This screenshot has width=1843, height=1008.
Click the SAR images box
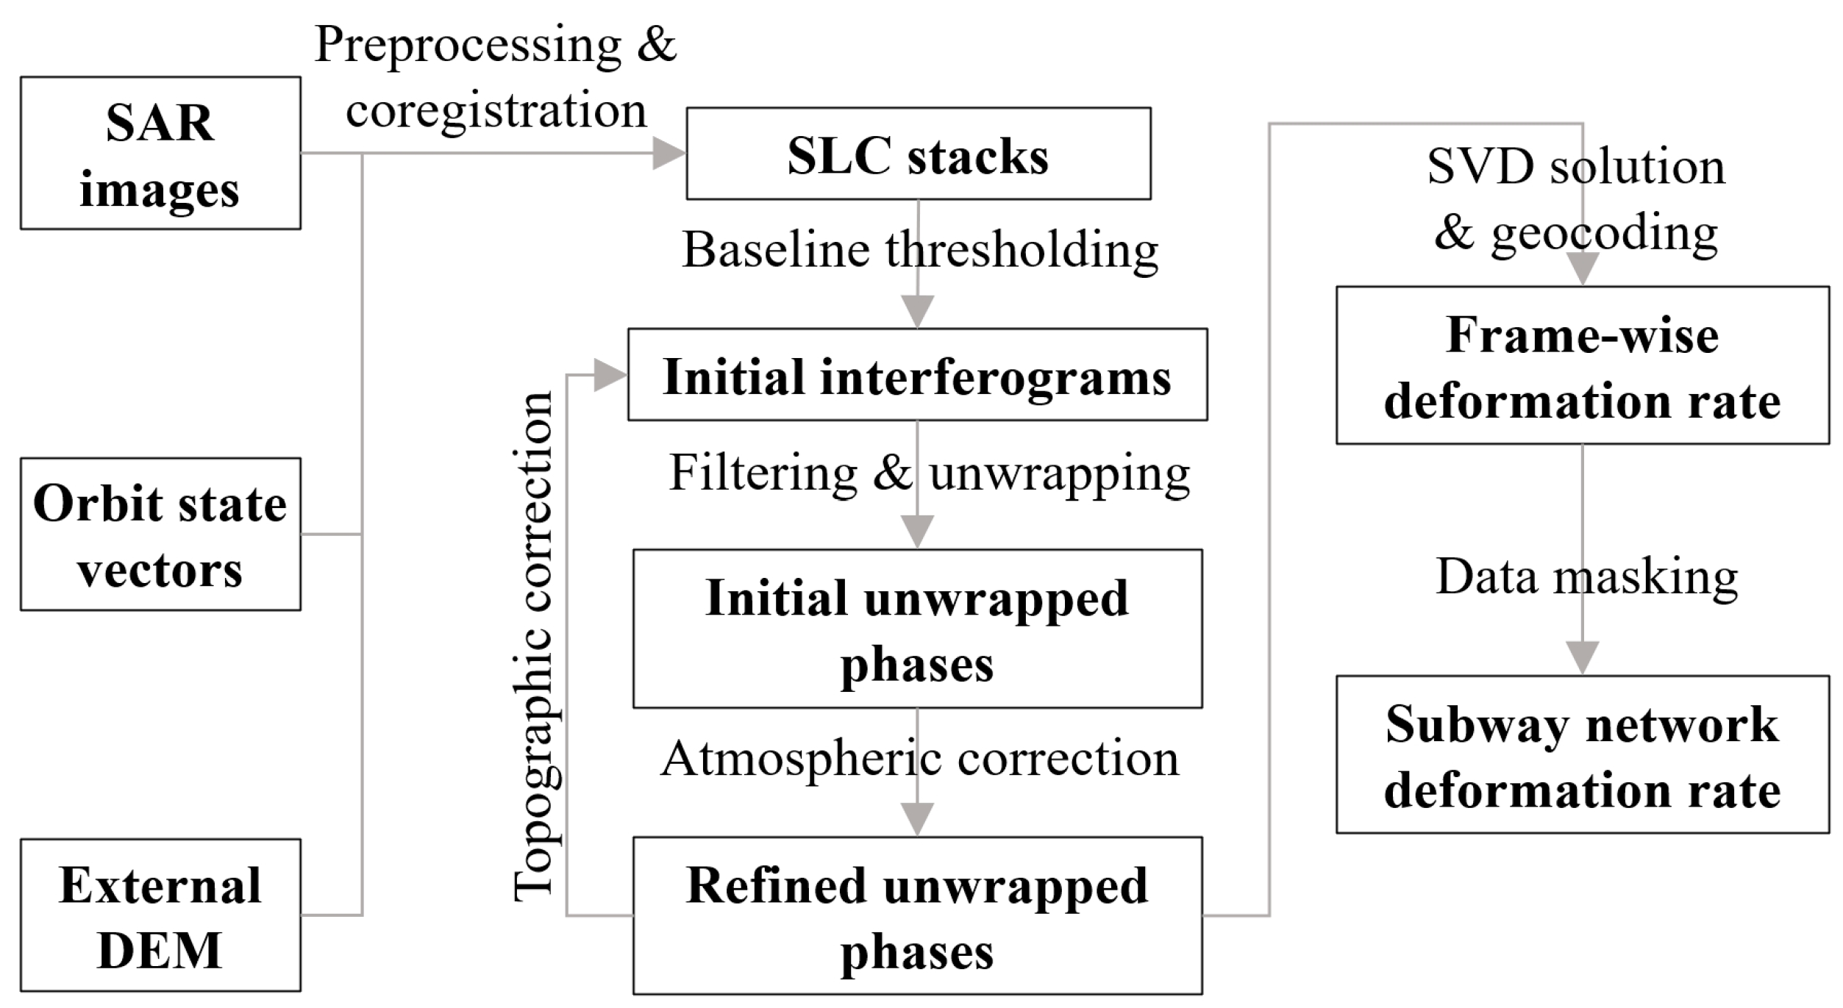(160, 154)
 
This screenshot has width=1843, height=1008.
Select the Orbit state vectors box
(160, 535)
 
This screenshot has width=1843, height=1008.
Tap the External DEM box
(160, 915)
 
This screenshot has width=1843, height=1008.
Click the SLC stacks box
(918, 154)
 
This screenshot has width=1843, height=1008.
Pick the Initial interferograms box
(917, 375)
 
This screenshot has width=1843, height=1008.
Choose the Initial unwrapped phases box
(917, 629)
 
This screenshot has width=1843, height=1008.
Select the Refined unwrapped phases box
(917, 916)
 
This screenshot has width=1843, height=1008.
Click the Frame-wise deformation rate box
(1582, 365)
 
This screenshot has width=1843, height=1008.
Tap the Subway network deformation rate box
(1582, 755)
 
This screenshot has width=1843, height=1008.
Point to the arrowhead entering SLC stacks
(668, 154)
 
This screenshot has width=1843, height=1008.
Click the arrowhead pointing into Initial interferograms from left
(609, 375)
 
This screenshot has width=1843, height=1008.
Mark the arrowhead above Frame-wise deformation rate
(1582, 268)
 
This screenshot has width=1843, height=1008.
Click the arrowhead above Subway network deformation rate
(1582, 657)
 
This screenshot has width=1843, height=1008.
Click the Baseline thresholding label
(919, 251)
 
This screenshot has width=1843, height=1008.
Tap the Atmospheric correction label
(919, 759)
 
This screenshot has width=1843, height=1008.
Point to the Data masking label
(1586, 577)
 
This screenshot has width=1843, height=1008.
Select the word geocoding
(1604, 234)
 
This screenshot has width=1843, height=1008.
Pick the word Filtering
(763, 473)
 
